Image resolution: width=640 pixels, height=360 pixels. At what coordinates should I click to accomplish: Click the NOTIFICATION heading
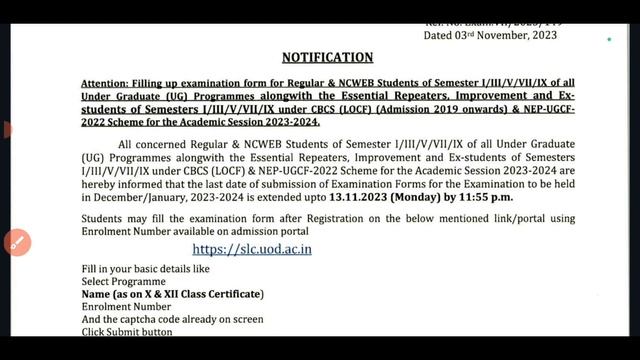[327, 57]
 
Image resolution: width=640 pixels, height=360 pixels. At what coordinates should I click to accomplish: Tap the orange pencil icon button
[16, 242]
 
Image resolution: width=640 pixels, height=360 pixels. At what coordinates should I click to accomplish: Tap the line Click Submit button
[127, 331]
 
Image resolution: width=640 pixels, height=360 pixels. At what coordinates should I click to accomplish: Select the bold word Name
[96, 294]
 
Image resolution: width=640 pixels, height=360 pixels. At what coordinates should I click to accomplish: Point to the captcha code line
[172, 319]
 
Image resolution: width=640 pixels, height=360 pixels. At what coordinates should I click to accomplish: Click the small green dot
[608, 41]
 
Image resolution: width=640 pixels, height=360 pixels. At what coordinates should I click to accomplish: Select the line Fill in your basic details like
[146, 270]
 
